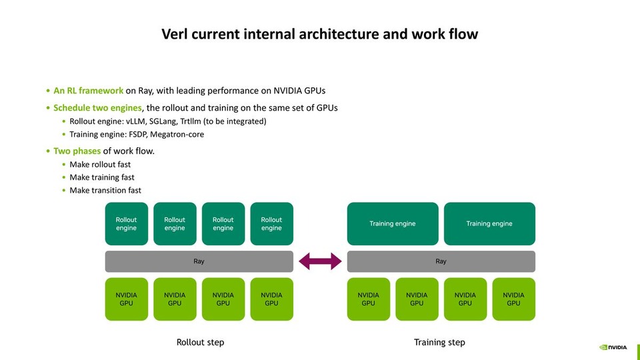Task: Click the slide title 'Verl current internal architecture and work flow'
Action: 320,34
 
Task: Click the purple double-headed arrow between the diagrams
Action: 320,261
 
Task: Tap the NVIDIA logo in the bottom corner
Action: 613,347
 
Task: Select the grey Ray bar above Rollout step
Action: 199,261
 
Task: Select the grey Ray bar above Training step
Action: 441,261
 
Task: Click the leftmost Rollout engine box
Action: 127,224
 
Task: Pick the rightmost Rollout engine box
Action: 271,224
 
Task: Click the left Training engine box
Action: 393,224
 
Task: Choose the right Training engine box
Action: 489,224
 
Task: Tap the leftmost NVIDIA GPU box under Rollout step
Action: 127,299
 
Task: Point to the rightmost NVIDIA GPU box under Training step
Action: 513,299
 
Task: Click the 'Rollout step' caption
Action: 200,342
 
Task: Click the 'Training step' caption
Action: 439,342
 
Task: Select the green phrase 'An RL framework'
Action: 88,91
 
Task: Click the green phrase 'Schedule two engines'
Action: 97,108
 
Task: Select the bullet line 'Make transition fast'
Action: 105,190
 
